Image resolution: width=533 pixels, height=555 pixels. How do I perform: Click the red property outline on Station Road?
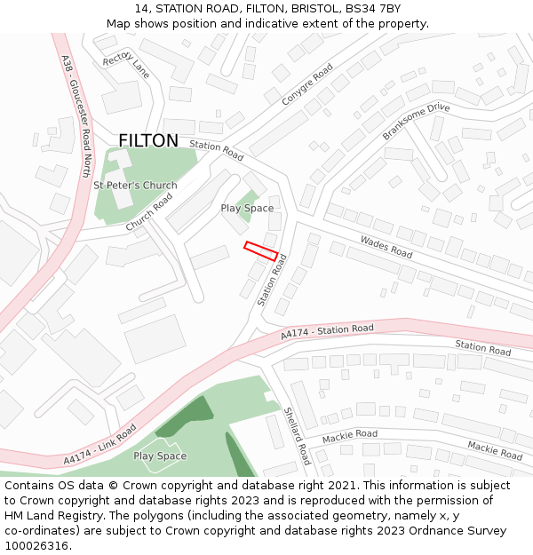[262, 250]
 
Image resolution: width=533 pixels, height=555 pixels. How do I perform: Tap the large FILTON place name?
[148, 140]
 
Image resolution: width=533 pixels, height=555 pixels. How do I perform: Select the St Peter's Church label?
[135, 186]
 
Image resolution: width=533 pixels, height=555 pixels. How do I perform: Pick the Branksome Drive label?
[416, 122]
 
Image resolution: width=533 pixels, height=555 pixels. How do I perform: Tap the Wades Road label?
[386, 247]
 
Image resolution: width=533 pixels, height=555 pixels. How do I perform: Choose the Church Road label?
[148, 213]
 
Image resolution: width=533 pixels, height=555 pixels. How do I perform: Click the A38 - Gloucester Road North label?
[76, 115]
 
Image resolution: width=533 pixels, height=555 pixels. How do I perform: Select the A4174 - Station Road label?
[327, 332]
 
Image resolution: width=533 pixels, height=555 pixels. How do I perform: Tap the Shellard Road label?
[297, 436]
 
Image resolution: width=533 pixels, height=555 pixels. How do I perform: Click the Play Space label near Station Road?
[247, 209]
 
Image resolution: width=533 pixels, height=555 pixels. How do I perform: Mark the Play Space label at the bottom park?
[160, 456]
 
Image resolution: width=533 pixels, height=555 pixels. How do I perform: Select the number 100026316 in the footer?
[36, 546]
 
